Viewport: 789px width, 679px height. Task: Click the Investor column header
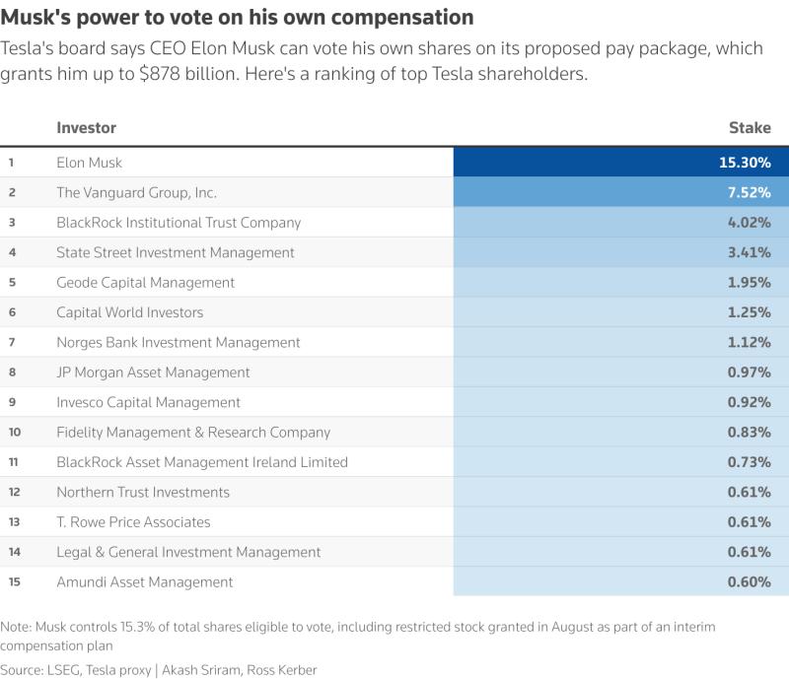tap(86, 128)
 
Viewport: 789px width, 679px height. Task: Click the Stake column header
tap(750, 128)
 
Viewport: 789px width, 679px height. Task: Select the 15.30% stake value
tap(745, 163)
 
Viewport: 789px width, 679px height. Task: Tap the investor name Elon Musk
tap(89, 163)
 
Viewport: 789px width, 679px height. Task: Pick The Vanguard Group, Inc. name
tap(136, 192)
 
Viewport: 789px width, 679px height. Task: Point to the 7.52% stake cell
tap(750, 192)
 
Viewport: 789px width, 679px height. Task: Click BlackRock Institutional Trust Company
tap(179, 223)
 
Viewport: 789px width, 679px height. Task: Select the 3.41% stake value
tap(750, 252)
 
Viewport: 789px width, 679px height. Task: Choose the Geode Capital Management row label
tap(145, 283)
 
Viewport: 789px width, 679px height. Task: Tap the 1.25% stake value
tap(750, 312)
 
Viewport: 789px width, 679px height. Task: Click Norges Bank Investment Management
tap(179, 343)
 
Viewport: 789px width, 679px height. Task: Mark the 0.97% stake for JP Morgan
tap(750, 373)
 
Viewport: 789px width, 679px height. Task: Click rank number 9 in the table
tap(12, 402)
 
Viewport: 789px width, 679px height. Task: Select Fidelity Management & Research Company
tap(193, 432)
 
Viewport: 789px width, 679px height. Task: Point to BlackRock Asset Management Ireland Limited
tap(202, 462)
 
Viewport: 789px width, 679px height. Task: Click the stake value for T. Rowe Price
tap(750, 522)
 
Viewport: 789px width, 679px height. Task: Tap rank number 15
tap(14, 581)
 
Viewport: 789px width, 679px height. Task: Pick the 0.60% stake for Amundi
tap(750, 581)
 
